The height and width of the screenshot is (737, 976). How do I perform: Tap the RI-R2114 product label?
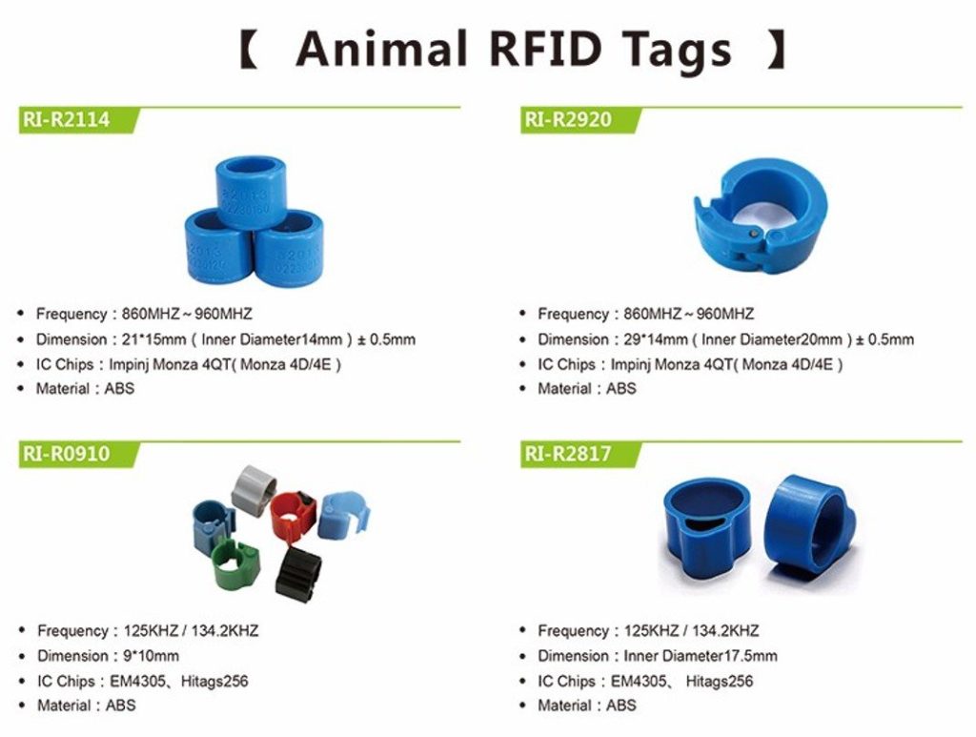65,119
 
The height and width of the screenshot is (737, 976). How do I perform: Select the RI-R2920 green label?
567,119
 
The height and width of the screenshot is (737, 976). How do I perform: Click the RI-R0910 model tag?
65,454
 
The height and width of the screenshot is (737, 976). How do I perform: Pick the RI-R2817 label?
567,454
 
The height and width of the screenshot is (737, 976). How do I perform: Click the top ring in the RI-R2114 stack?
252,191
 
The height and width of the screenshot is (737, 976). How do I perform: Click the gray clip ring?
254,489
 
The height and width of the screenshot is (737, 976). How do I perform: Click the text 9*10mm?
151,656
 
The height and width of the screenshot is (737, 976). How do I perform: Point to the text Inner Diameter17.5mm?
701,656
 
